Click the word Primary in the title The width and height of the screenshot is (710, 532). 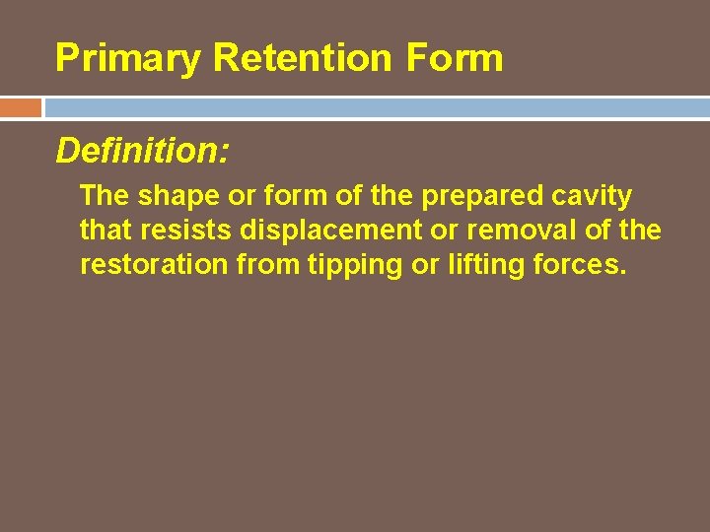click(x=128, y=58)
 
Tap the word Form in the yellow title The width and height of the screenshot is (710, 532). click(x=455, y=58)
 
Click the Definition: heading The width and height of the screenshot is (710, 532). click(x=143, y=151)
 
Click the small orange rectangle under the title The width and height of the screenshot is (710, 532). click(x=21, y=107)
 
